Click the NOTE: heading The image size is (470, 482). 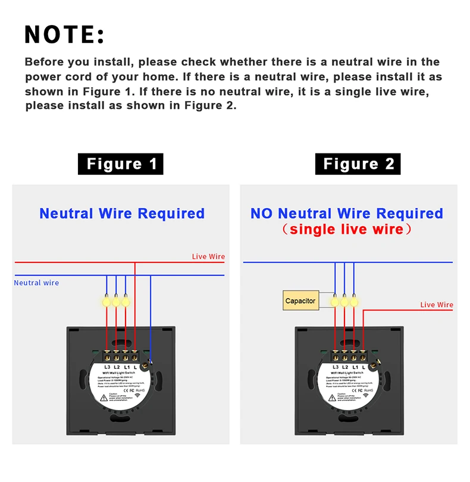click(65, 35)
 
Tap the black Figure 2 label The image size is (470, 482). click(359, 164)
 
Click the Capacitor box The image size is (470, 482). click(300, 301)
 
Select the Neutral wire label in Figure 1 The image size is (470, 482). click(37, 283)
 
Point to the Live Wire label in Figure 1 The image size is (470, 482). click(208, 256)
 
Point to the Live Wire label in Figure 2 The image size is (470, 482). click(437, 305)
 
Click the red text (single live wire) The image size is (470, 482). click(347, 229)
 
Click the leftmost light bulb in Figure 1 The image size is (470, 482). click(106, 301)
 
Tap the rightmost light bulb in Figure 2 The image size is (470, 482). click(355, 301)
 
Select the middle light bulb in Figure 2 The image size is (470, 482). click(344, 301)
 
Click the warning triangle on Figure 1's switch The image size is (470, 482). click(105, 400)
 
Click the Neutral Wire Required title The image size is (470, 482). click(122, 214)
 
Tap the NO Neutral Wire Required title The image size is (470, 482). click(347, 214)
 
